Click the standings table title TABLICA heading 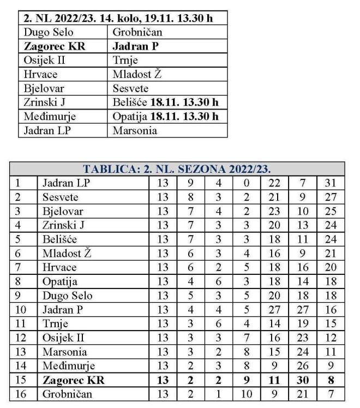coord(177,169)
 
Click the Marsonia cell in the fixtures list coord(135,131)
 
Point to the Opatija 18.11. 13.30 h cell coord(166,117)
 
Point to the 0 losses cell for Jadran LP coord(247,183)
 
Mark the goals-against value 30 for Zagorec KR coord(303,380)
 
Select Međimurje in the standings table coord(69,365)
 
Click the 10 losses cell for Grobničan coord(247,394)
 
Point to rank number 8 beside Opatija coord(17,281)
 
